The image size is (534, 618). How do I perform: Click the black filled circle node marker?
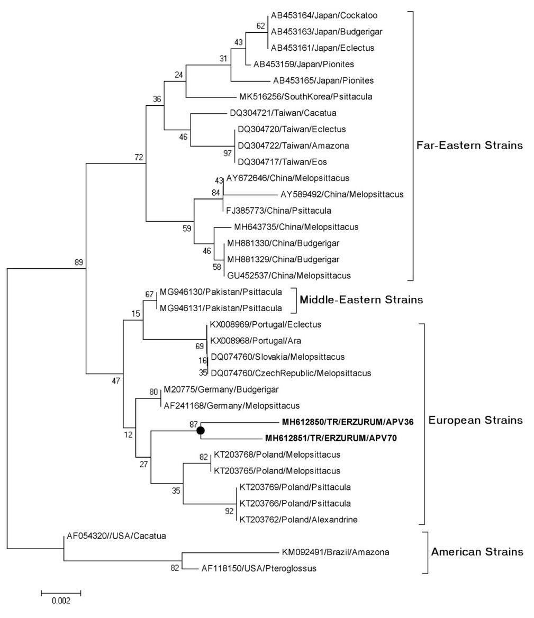201,431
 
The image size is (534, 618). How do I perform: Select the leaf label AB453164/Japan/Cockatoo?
324,15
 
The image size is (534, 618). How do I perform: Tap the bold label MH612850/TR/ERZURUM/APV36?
347,422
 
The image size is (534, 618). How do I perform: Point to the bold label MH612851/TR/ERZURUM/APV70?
331,438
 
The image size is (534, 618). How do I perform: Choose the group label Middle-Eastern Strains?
361,300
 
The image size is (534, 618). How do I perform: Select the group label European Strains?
475,421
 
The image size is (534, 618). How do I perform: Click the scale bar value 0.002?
61,601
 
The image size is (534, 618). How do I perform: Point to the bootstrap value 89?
79,262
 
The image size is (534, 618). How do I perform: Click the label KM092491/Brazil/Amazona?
335,552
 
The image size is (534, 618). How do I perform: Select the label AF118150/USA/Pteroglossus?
259,569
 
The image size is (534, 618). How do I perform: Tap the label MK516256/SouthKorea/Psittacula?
306,96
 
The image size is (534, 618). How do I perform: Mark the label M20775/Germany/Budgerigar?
221,389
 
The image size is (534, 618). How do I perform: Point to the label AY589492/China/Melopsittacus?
342,194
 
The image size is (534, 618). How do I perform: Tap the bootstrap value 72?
139,157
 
